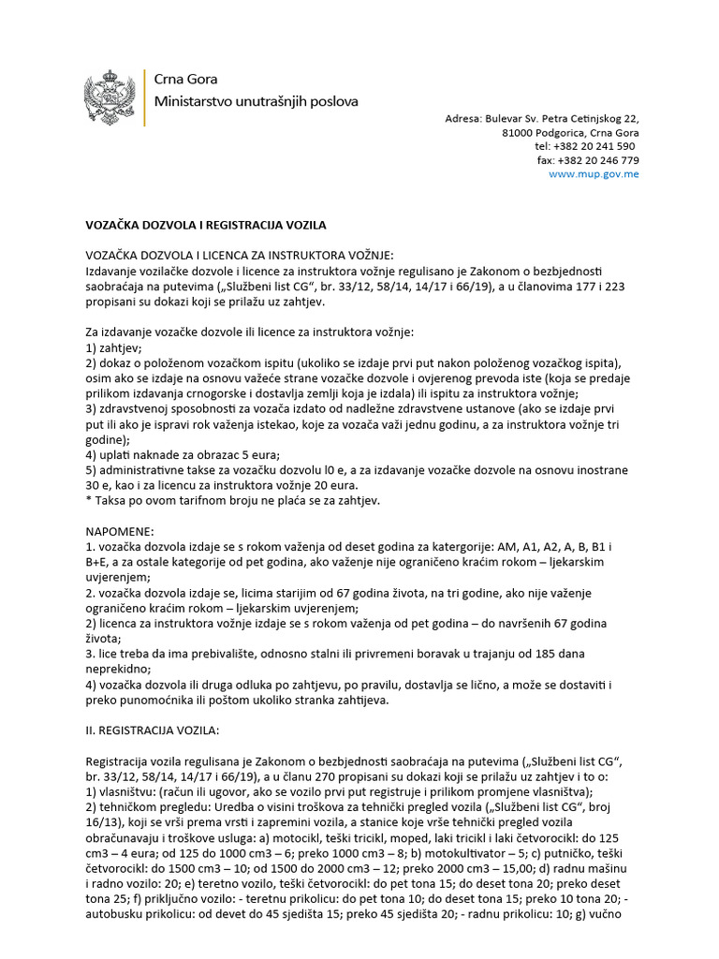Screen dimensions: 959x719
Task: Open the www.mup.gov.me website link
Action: (594, 174)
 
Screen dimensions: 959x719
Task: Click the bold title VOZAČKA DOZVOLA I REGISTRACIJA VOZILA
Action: (206, 226)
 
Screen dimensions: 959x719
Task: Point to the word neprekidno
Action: (119, 671)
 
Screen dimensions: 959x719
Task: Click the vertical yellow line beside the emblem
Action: (143, 96)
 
